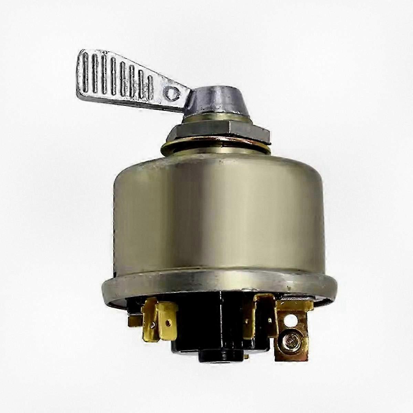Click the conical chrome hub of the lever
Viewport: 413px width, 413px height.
point(205,103)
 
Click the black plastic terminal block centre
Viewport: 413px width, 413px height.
point(213,330)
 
